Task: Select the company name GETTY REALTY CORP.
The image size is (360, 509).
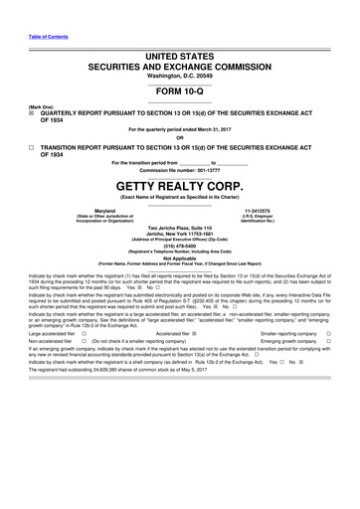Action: (x=179, y=186)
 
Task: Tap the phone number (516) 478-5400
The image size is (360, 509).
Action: (x=180, y=246)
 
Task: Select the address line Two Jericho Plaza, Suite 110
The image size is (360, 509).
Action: (x=180, y=229)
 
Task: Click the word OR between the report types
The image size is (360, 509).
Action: (x=179, y=138)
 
